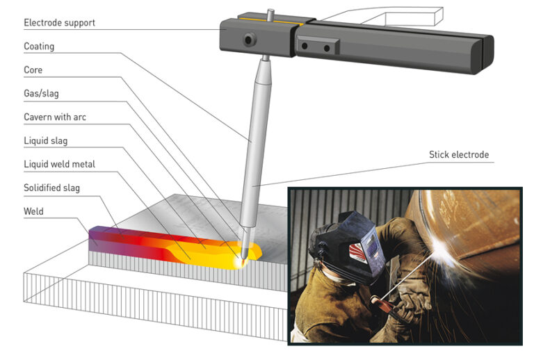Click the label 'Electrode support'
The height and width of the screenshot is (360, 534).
(59, 23)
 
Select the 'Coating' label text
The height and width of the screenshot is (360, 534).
(39, 47)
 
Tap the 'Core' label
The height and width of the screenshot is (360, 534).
(33, 70)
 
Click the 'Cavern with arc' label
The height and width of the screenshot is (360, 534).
(56, 116)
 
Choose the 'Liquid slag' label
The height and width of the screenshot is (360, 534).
(46, 140)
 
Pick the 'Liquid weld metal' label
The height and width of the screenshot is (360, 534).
(59, 164)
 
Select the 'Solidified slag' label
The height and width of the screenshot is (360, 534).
(51, 188)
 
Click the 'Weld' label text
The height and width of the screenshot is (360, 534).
(34, 211)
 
